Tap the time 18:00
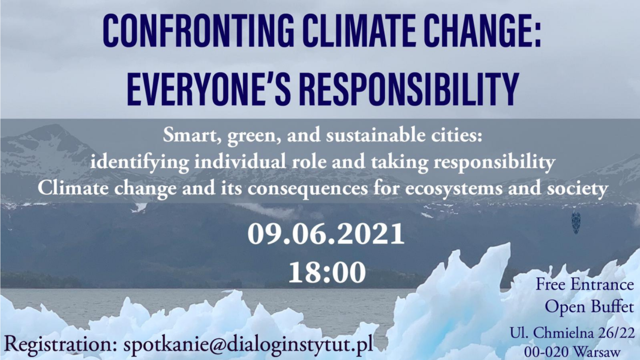(327, 272)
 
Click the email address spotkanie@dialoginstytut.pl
(248, 344)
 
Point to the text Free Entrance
(584, 285)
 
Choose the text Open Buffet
(590, 307)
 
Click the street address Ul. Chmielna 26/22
(572, 333)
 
